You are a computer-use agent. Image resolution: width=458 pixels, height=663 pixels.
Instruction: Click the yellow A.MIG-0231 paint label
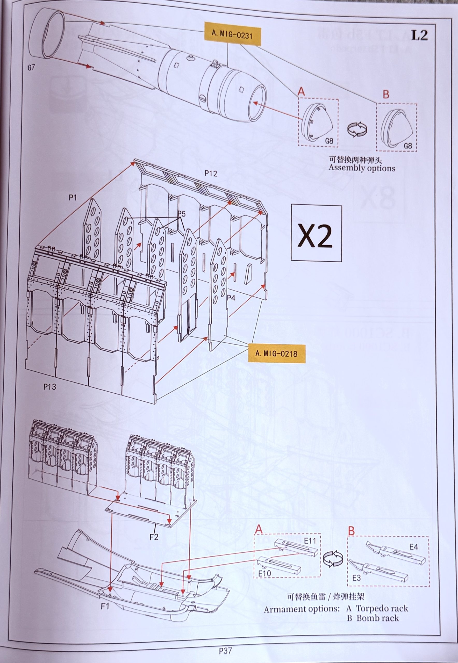click(x=232, y=34)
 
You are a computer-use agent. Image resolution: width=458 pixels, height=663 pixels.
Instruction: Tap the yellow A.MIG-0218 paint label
click(x=276, y=353)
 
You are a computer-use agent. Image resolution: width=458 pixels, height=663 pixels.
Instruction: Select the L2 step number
click(x=419, y=35)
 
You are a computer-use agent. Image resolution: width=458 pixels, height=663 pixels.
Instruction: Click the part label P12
click(x=211, y=174)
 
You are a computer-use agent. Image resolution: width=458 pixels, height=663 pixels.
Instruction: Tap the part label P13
click(x=50, y=387)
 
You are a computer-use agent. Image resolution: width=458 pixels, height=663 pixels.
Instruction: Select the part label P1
click(x=72, y=198)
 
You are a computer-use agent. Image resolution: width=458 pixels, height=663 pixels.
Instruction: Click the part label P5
click(x=181, y=214)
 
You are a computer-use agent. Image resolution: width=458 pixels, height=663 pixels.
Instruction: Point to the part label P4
click(x=231, y=298)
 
